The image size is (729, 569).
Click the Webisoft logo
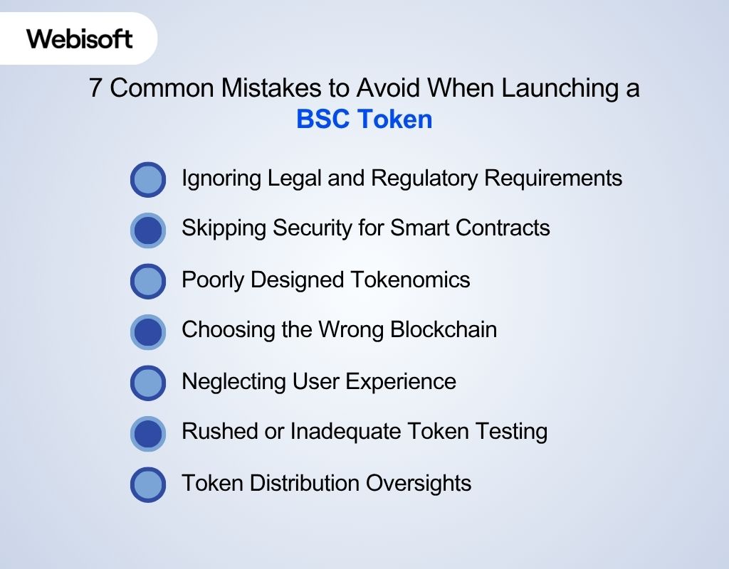pyautogui.click(x=80, y=38)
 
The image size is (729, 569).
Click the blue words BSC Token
pyautogui.click(x=364, y=119)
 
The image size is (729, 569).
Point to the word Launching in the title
pyautogui.click(x=547, y=88)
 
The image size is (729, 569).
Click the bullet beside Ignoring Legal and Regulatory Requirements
pyautogui.click(x=148, y=179)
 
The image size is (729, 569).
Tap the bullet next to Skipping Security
pyautogui.click(x=148, y=230)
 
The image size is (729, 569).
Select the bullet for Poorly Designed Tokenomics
pyautogui.click(x=148, y=280)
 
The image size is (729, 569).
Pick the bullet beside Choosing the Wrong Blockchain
pyautogui.click(x=148, y=331)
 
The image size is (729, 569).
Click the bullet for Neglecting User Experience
pyautogui.click(x=148, y=383)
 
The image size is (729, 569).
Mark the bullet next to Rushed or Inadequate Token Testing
pyautogui.click(x=148, y=433)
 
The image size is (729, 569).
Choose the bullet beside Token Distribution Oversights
pyautogui.click(x=148, y=484)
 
